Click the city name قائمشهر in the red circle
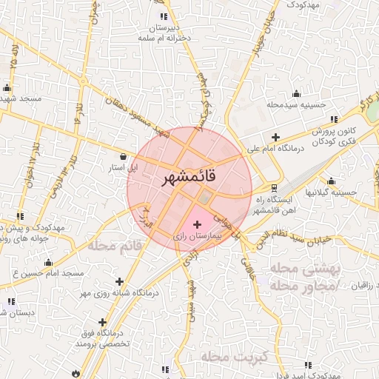[187, 178]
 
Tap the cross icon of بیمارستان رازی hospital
[196, 224]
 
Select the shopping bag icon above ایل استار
[124, 156]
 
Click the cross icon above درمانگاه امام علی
[275, 137]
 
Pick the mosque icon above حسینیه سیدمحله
[297, 93]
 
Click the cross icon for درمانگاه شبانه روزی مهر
[120, 281]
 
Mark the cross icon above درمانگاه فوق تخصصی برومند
[102, 322]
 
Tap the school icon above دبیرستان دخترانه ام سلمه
[164, 16]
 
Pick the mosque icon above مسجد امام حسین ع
[49, 262]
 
